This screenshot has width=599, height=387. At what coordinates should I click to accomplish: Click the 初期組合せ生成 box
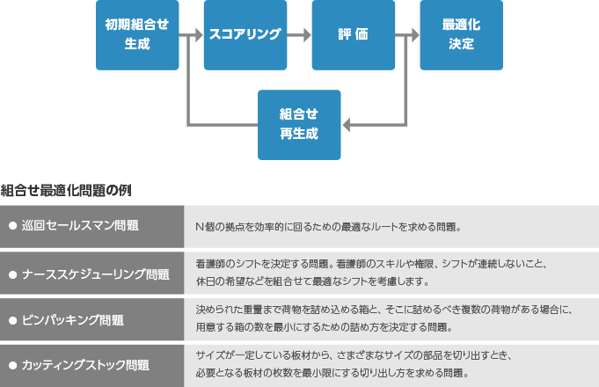tap(136, 35)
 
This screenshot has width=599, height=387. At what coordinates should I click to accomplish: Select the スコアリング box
tap(245, 35)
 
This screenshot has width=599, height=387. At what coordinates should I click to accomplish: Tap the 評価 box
tap(353, 35)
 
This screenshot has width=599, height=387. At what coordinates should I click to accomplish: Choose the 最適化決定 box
tap(461, 35)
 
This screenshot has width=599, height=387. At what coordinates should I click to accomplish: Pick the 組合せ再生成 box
tap(299, 124)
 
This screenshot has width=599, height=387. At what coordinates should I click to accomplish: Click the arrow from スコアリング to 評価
tap(299, 35)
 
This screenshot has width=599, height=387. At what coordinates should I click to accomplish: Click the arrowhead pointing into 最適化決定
tap(413, 35)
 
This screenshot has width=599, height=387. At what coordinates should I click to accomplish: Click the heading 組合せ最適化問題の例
tap(66, 189)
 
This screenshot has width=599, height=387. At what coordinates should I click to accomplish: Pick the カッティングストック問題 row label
tap(85, 365)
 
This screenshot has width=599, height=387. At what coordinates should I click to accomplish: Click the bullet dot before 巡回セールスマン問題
tap(12, 226)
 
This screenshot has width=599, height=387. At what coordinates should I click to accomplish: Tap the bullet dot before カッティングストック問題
tap(12, 365)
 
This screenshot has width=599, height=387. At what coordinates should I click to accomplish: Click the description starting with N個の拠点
tap(328, 227)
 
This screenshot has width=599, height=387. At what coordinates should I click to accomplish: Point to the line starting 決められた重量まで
tap(384, 310)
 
